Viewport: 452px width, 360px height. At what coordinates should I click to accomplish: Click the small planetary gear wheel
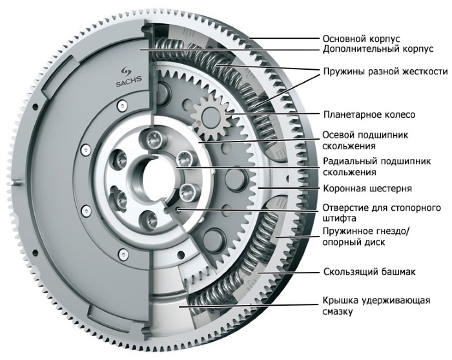[212, 118]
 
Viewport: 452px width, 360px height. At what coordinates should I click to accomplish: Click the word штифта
[339, 219]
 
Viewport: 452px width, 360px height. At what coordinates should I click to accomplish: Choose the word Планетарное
[351, 114]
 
